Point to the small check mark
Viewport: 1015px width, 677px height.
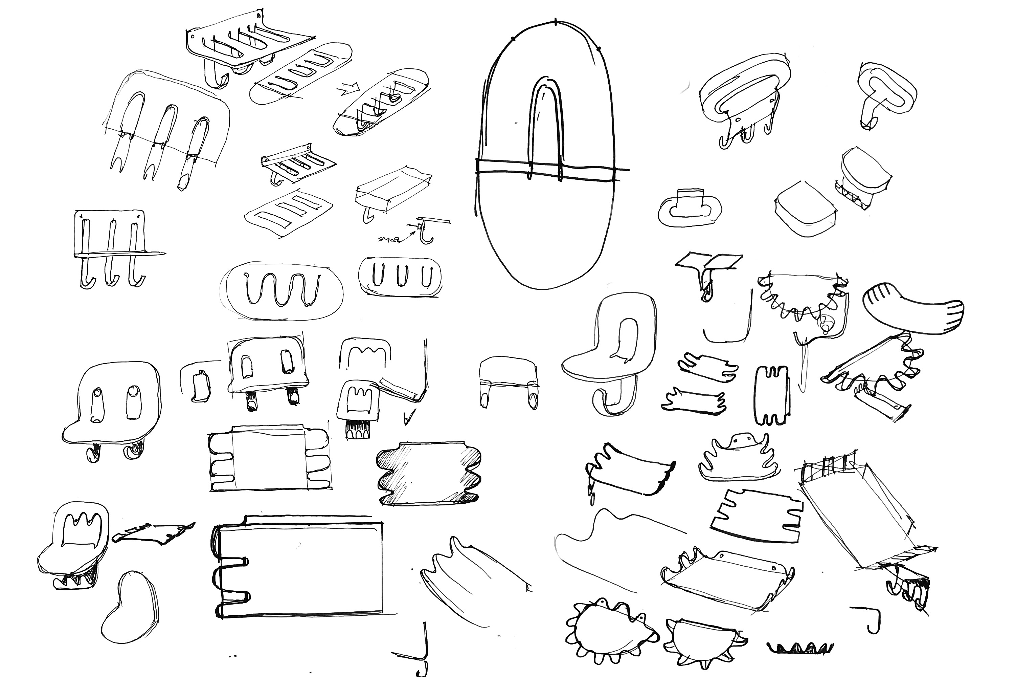tap(407, 418)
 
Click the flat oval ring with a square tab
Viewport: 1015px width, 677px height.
tap(690, 210)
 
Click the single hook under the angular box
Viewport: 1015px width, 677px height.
tap(368, 215)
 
